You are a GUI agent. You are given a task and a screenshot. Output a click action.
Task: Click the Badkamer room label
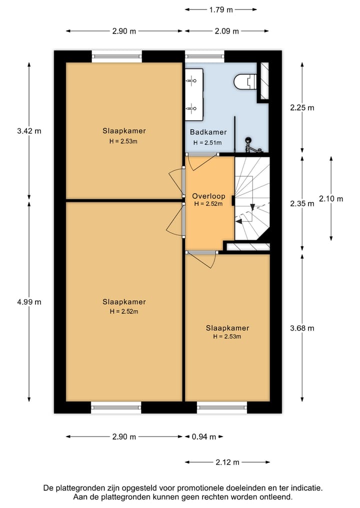point(208,132)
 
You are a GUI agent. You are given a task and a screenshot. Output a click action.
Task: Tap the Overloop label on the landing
point(208,196)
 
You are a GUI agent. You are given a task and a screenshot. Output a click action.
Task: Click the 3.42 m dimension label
point(28,131)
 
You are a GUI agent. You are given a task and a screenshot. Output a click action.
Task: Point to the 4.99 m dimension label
point(28,302)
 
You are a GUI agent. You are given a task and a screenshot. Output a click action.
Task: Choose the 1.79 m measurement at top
point(220,9)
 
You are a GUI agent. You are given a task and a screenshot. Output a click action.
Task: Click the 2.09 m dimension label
point(226,31)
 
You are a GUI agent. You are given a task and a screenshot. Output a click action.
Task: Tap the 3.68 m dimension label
point(302,328)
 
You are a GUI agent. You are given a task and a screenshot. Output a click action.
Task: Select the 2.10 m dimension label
point(330,198)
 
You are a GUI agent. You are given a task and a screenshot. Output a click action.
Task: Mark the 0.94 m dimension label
point(204,437)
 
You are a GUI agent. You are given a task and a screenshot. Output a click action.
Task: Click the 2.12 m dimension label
point(227,462)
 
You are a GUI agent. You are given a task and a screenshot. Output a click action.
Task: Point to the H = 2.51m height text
point(207,142)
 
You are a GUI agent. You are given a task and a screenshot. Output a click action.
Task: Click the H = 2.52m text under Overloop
point(208,204)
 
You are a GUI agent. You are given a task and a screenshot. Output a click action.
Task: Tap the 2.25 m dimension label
point(302,107)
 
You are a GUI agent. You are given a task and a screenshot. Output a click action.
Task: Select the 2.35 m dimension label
point(302,203)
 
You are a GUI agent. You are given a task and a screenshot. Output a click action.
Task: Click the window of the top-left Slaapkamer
point(117,56)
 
